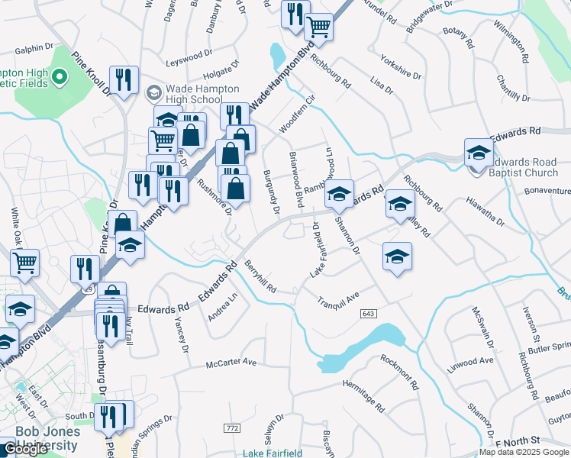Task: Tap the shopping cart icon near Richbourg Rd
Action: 318,27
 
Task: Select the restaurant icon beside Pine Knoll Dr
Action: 123,79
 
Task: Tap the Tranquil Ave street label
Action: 338,299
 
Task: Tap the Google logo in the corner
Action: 26,449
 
